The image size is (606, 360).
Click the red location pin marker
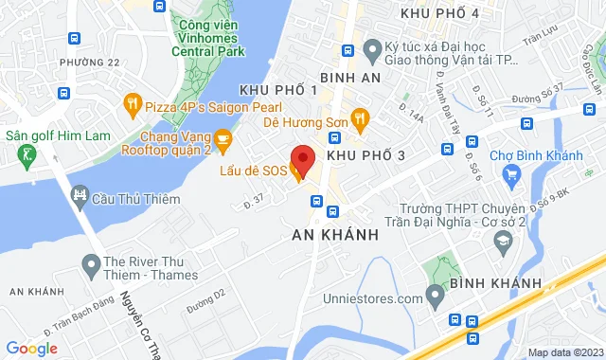tap(302, 159)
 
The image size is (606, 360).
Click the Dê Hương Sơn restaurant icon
tap(359, 118)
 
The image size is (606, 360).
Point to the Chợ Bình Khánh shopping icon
tap(512, 172)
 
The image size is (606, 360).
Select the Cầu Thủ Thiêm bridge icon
tap(80, 197)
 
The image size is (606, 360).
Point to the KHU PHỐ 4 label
tap(439, 12)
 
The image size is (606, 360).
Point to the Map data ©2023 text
tap(564, 352)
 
